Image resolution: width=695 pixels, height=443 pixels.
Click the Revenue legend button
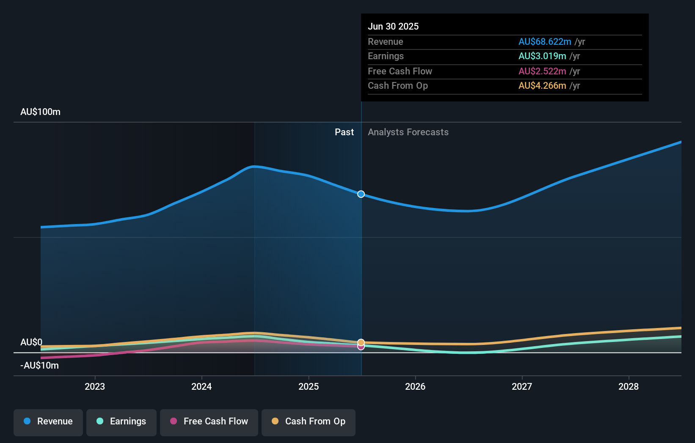tap(48, 421)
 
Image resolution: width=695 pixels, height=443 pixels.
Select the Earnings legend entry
tap(121, 421)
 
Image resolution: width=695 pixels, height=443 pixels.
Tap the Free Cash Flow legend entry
tap(209, 421)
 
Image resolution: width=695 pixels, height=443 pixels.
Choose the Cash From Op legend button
tap(309, 421)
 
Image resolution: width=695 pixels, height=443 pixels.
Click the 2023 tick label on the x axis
tap(95, 386)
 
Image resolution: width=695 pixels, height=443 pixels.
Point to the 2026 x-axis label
tap(415, 386)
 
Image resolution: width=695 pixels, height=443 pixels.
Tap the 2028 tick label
tap(629, 386)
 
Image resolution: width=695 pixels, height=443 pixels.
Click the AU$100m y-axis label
tap(41, 112)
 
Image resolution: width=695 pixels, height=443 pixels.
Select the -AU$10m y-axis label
tap(40, 366)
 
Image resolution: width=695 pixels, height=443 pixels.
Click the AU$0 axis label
tap(31, 342)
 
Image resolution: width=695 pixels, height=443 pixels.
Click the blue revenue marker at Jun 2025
tap(361, 194)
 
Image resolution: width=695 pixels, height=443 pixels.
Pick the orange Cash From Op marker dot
tap(361, 342)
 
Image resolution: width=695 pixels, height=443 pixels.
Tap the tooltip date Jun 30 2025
tap(393, 26)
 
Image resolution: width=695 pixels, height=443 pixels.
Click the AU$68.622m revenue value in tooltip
tap(545, 41)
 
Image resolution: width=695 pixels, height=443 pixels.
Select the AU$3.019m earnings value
tap(542, 56)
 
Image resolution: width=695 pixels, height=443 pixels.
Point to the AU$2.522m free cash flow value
tap(542, 71)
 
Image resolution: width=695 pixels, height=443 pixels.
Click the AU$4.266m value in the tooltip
tap(542, 86)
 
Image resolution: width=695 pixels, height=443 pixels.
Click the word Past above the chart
tap(344, 132)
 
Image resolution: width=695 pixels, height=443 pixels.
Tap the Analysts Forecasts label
tap(408, 132)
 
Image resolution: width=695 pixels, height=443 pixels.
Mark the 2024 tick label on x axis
tap(201, 386)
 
